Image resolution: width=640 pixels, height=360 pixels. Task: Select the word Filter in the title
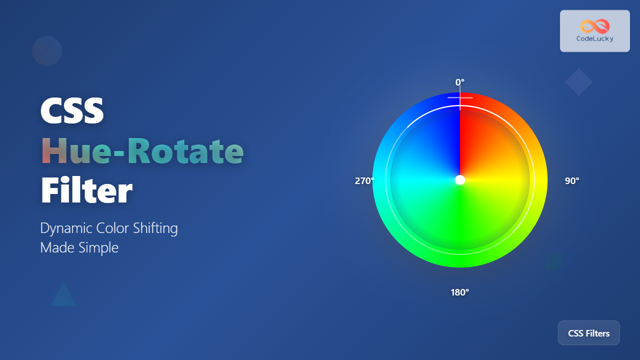pos(86,191)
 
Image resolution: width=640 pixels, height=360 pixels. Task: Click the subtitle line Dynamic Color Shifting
pos(109,228)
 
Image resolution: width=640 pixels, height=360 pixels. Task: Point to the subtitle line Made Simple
pos(79,247)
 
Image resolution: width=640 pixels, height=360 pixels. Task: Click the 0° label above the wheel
pos(459,82)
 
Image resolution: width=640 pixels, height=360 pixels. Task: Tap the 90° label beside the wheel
pos(572,181)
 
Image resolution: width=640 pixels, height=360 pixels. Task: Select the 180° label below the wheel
pos(459,292)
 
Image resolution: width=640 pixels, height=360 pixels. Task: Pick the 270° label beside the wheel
pos(364,181)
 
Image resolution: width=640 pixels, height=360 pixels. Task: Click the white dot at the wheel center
pos(460,180)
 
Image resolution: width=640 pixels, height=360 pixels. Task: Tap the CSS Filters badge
pos(588,333)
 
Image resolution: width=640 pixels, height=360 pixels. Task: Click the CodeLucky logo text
pos(594,38)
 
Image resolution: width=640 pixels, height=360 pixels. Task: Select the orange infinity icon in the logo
pos(594,26)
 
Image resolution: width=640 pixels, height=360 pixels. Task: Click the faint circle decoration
pos(47,51)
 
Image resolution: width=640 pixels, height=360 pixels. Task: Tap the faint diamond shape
pos(578,82)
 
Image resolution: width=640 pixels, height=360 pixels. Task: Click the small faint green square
pos(554,261)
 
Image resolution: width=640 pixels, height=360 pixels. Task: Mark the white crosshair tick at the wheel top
pos(460,98)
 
